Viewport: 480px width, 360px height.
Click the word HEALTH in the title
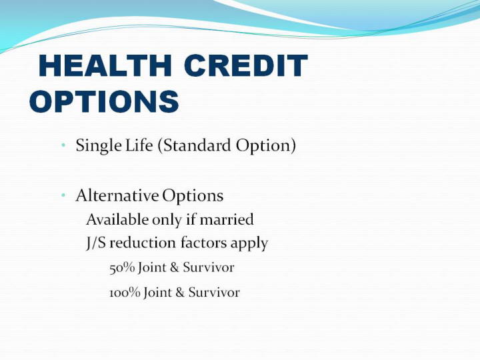(x=105, y=65)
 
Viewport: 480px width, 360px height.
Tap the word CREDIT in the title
(x=246, y=65)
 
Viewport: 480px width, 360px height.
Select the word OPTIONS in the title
(x=104, y=101)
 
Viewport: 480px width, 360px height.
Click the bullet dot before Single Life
(x=63, y=145)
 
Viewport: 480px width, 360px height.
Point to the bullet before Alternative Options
(x=63, y=195)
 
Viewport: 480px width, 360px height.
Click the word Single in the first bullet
(x=99, y=145)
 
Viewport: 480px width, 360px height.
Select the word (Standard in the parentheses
(x=195, y=145)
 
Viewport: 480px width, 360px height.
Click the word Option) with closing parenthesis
(x=266, y=145)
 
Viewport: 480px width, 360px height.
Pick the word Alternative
(x=117, y=195)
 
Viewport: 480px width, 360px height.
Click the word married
(x=227, y=219)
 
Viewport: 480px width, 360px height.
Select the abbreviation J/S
(x=97, y=243)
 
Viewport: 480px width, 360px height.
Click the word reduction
(x=143, y=243)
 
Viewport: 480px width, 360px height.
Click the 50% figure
(x=122, y=267)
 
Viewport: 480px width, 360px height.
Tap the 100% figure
(x=125, y=293)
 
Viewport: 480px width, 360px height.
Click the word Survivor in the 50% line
(x=209, y=267)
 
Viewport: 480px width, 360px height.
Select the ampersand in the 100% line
(x=180, y=293)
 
